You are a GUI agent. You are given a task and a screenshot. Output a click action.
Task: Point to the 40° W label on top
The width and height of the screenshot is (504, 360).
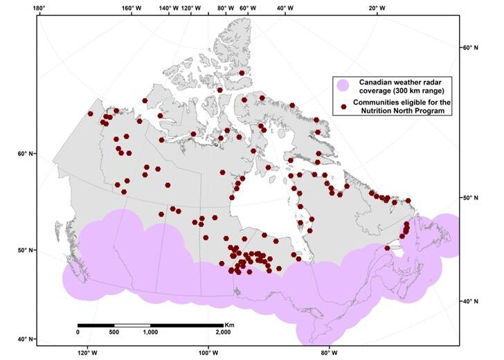284,8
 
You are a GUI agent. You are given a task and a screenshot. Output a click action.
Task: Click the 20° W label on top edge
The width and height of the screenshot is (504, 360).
377,8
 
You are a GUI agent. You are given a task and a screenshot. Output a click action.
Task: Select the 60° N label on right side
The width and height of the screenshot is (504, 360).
470,48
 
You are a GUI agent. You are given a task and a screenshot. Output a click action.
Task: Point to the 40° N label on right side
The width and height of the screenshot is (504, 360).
470,302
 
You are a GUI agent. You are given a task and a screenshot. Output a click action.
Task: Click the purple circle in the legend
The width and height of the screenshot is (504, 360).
343,87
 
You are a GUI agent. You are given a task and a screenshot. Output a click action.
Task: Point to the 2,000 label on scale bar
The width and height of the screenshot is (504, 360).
222,332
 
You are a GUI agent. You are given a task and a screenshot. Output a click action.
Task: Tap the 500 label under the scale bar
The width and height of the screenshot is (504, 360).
114,332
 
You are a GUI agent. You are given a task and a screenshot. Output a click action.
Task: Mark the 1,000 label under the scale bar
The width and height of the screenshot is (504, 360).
150,332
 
